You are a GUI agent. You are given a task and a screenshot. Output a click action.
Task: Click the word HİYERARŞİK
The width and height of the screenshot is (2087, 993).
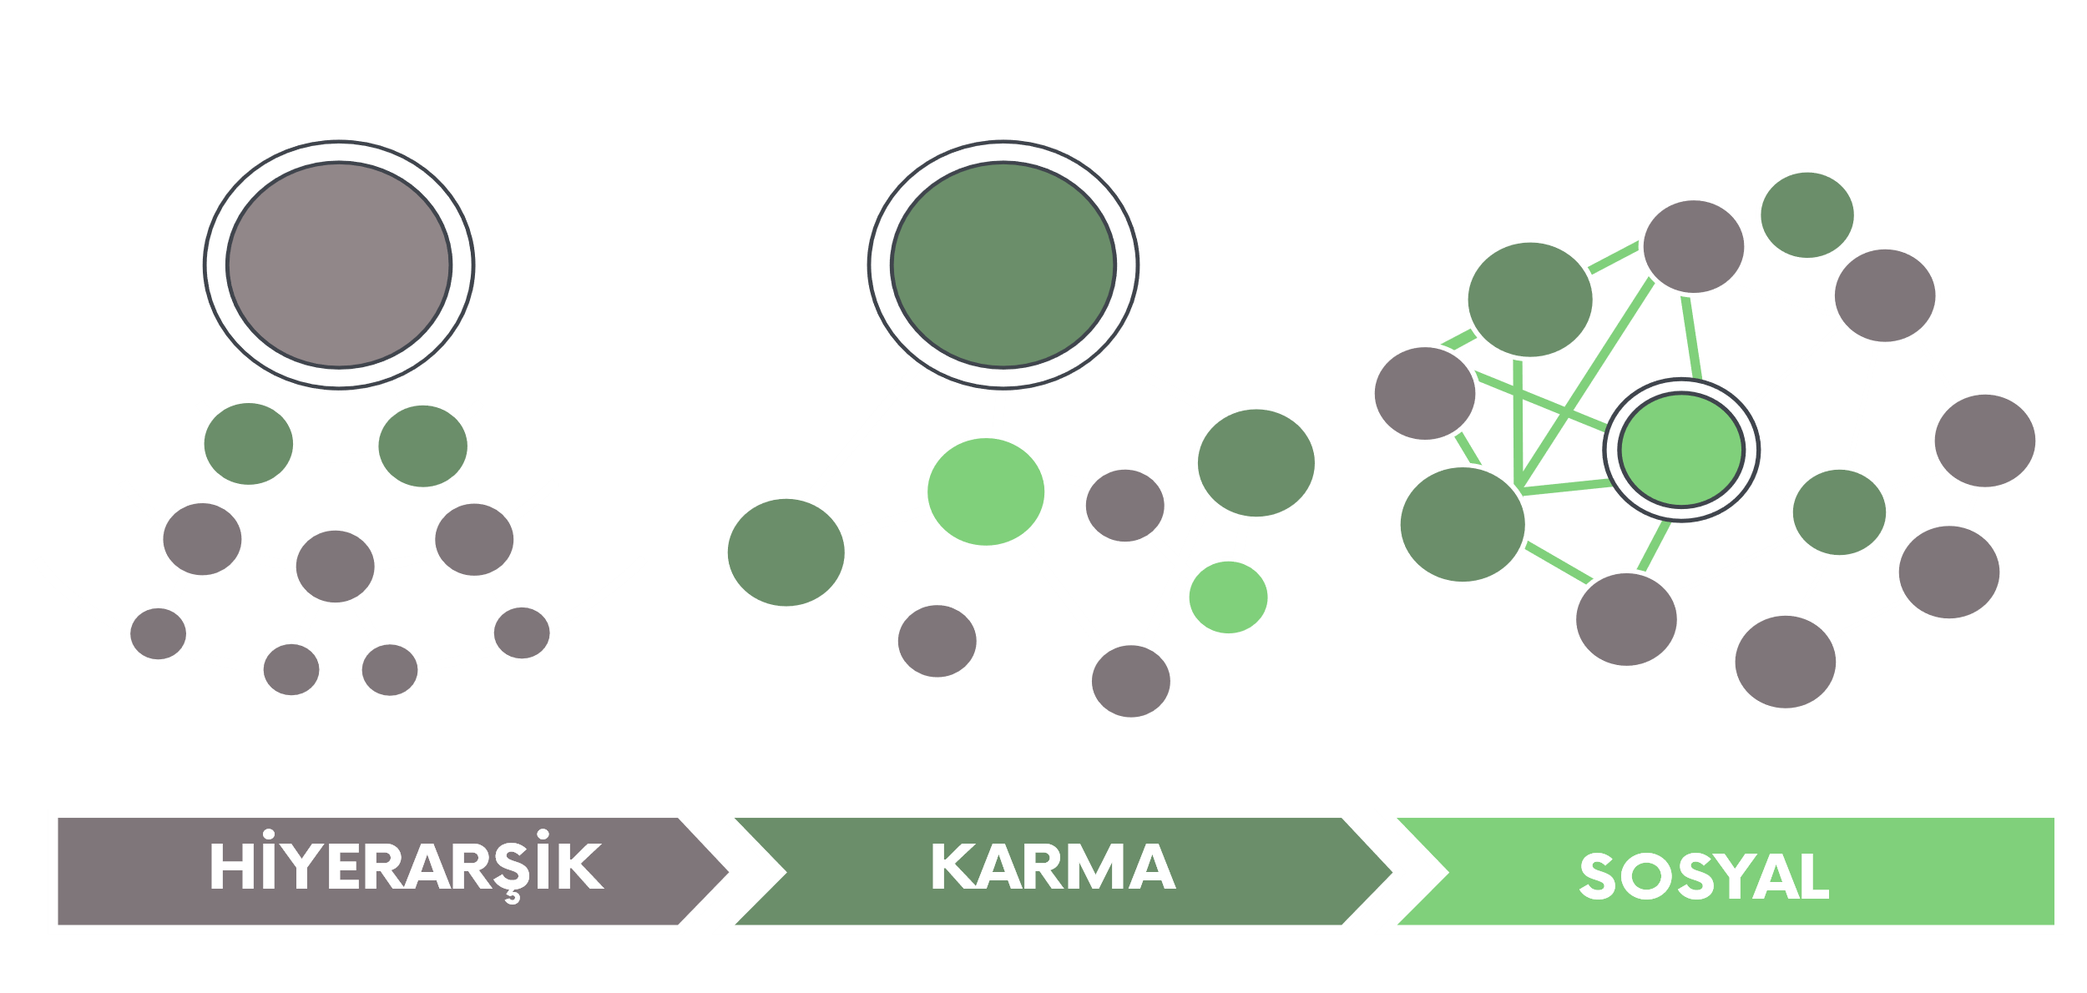(406, 868)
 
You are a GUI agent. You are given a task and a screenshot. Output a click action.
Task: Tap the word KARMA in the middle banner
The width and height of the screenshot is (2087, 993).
(1053, 868)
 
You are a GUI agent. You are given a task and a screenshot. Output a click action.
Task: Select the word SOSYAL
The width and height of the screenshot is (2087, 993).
(1704, 877)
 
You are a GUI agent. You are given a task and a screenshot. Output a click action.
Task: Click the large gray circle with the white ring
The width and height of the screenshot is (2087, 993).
(339, 265)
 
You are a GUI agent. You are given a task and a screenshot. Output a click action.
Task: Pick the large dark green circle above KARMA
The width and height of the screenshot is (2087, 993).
(1003, 265)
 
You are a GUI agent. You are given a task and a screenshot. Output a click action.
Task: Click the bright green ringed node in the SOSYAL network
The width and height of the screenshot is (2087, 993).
(1681, 450)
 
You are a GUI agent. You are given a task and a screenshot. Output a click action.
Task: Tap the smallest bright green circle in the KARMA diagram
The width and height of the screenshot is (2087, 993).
(1229, 597)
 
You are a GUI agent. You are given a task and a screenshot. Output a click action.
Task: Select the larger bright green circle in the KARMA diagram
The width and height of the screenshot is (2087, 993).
(986, 491)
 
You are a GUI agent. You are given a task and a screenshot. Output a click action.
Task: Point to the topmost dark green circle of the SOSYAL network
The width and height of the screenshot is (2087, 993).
(1807, 214)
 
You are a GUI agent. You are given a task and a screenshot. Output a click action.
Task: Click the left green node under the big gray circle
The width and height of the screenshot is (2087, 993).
(248, 443)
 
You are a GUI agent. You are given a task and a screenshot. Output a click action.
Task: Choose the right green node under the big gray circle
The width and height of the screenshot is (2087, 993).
(422, 445)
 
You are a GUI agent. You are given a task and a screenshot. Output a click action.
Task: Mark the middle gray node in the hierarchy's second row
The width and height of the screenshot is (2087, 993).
(336, 565)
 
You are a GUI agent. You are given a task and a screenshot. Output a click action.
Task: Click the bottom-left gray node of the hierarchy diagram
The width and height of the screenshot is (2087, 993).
(158, 633)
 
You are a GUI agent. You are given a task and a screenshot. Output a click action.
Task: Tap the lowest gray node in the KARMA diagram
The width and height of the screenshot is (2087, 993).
(1131, 681)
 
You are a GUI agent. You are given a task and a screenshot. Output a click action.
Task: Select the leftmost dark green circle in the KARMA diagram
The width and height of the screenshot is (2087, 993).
(786, 552)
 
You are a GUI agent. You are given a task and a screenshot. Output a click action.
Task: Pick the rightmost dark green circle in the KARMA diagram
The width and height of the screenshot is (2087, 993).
(1256, 462)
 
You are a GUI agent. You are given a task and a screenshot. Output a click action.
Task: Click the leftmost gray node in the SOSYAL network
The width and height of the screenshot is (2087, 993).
(1425, 393)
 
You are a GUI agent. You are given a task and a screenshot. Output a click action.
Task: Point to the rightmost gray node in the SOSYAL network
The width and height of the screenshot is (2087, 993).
(1985, 440)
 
